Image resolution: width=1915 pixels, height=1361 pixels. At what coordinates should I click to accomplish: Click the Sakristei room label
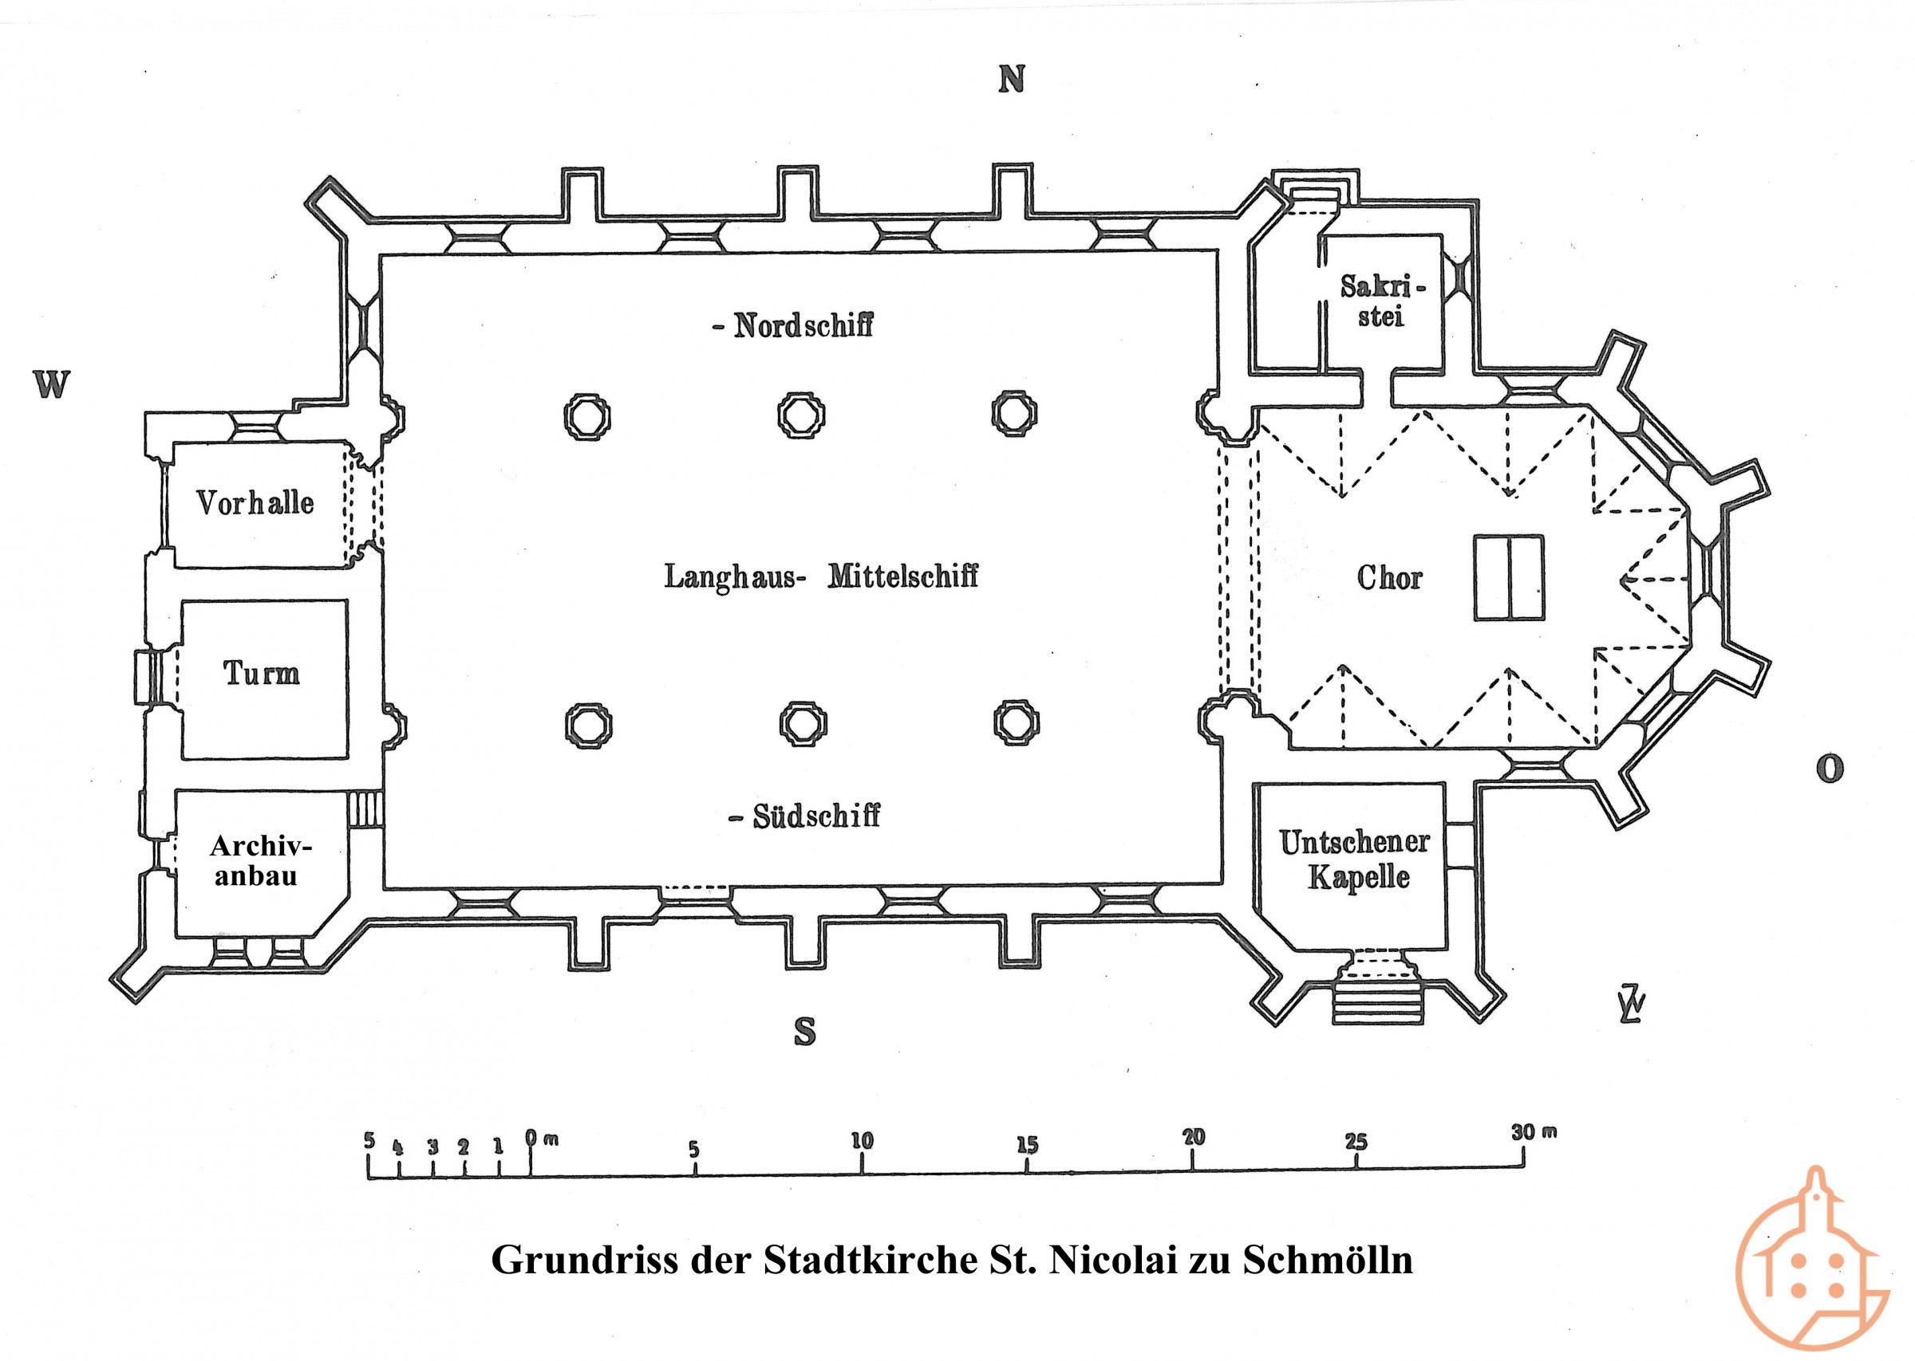point(1382,301)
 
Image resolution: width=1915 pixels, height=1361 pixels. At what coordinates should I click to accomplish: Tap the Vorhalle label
point(255,503)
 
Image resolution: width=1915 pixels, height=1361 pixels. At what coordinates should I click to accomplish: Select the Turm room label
point(261,673)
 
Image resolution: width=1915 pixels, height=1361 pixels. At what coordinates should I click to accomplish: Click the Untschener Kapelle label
point(1354,859)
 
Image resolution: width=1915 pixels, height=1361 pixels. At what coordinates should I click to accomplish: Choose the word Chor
point(1389,577)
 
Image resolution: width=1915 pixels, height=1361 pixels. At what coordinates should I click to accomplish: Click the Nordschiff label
point(803,325)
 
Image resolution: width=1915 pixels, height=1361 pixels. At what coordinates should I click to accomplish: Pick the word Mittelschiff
point(903,576)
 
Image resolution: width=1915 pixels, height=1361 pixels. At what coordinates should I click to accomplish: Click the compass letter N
point(1012,80)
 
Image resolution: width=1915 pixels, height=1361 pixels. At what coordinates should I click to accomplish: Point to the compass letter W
point(51,384)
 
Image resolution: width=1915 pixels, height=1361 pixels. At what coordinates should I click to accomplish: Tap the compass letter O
point(1830,769)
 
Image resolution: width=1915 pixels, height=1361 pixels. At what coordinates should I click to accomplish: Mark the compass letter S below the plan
point(804,1032)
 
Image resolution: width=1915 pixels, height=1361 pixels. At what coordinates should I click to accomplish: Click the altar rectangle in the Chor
point(1509,578)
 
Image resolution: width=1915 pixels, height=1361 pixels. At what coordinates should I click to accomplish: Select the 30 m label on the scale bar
point(1534,1133)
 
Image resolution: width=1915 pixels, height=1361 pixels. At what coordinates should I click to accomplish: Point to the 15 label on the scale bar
point(1027,1145)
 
